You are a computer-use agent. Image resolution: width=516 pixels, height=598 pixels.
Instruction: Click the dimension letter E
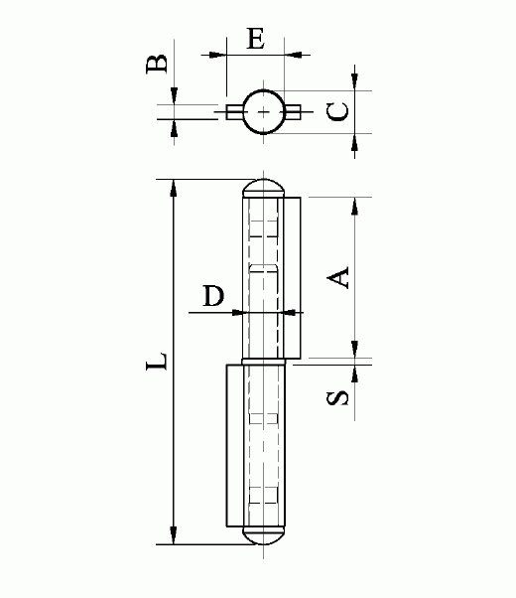click(x=256, y=38)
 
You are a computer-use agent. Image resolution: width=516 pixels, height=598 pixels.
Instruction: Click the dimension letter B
click(x=157, y=64)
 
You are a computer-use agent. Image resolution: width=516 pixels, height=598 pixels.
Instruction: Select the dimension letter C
click(x=337, y=111)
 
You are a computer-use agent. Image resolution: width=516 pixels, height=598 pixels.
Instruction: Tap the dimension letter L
click(x=157, y=362)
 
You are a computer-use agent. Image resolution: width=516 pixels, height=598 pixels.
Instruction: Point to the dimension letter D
click(x=213, y=296)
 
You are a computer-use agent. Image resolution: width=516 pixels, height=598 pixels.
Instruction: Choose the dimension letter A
click(x=338, y=277)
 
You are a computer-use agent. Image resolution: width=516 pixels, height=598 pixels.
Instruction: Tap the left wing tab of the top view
click(x=235, y=112)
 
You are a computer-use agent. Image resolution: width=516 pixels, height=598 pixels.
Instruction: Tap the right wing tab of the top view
click(x=293, y=112)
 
